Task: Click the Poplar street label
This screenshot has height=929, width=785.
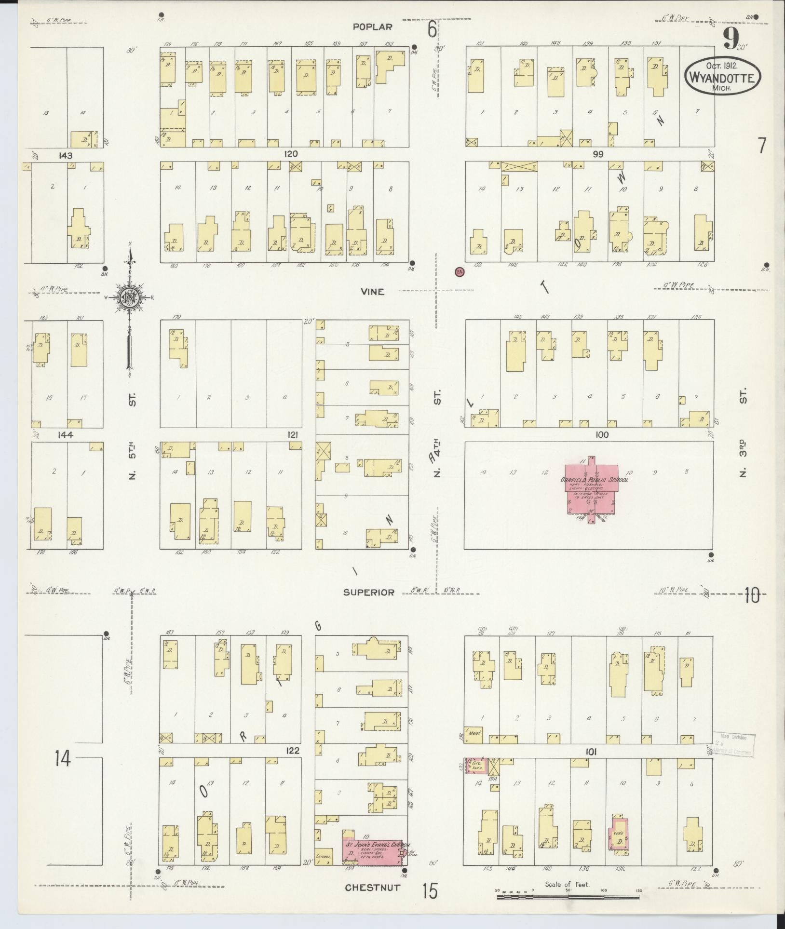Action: (x=372, y=27)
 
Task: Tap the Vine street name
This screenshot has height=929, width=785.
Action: (x=372, y=291)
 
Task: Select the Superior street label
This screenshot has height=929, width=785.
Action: (x=369, y=592)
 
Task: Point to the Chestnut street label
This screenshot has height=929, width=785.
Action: (x=373, y=887)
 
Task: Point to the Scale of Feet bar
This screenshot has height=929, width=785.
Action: (x=569, y=897)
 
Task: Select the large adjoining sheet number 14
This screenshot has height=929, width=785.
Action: (x=62, y=759)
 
